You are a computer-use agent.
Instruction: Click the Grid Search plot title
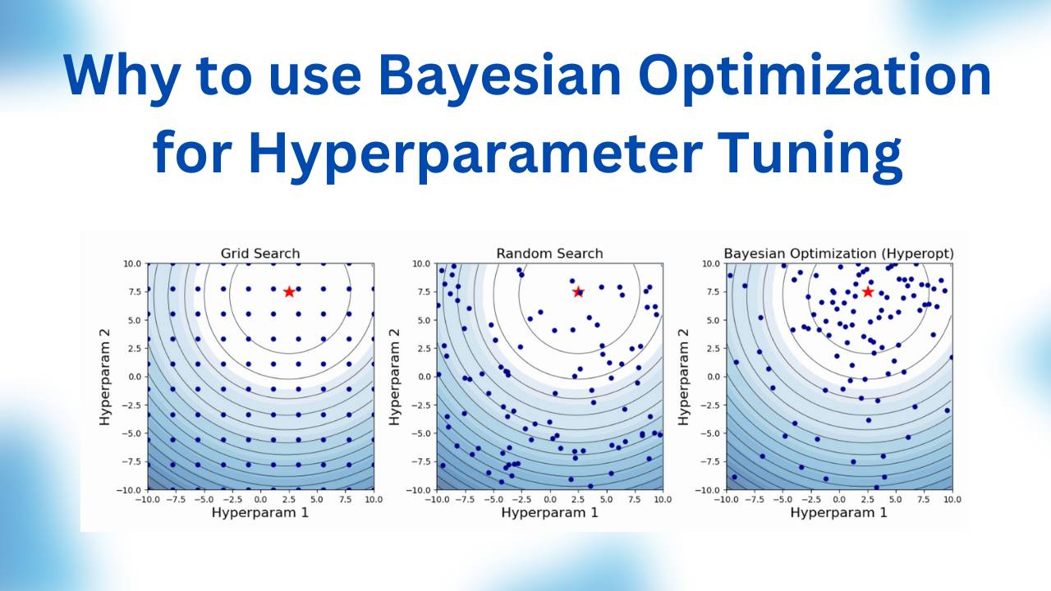coord(260,254)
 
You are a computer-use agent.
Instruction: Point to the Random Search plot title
coord(549,254)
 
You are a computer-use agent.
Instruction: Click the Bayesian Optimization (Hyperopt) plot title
coord(838,254)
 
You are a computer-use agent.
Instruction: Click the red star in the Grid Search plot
coord(289,292)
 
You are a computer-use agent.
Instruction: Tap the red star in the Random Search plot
coord(578,292)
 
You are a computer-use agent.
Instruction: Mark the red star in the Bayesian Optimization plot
coord(867,292)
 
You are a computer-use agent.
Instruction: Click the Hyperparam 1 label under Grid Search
coord(260,512)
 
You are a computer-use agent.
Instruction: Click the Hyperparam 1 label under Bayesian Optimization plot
coord(838,512)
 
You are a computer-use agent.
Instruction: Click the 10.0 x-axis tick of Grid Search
coord(373,498)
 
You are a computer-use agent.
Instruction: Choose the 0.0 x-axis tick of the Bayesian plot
coord(838,498)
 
